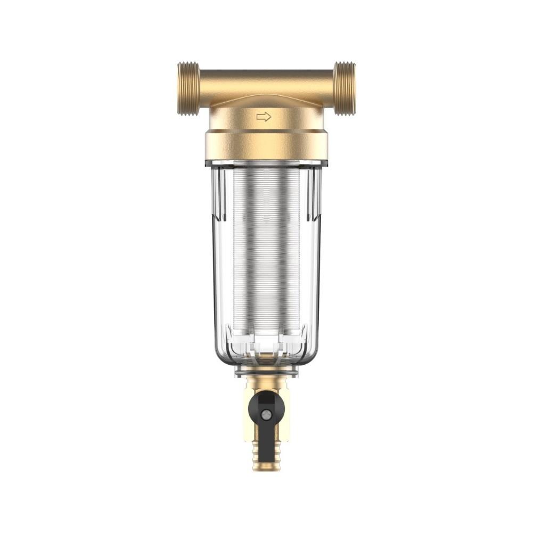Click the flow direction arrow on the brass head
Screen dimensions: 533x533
pyautogui.click(x=264, y=117)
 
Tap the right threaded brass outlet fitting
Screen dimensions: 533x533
pyautogui.click(x=345, y=88)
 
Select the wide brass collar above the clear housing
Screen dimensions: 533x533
pyautogui.click(x=266, y=145)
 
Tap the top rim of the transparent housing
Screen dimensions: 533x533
pyautogui.click(x=266, y=163)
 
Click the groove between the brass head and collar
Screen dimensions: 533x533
pyautogui.click(x=266, y=131)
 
